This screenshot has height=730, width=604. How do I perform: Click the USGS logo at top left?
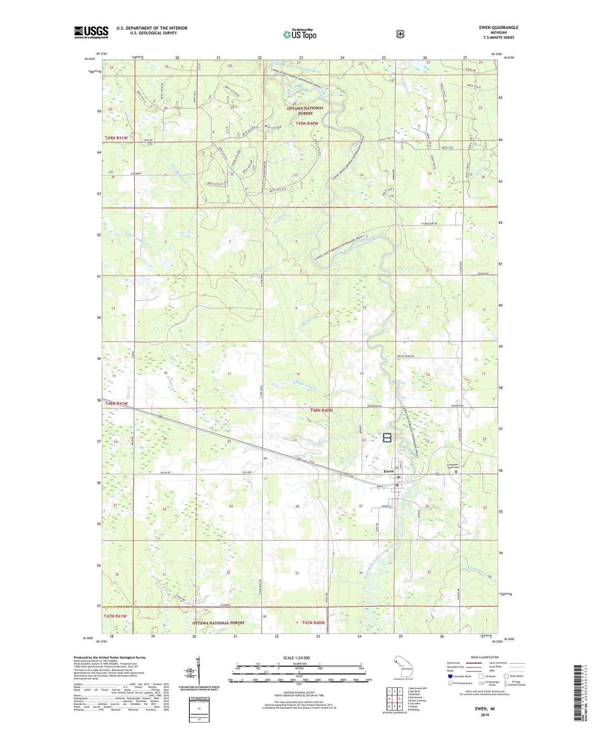91,32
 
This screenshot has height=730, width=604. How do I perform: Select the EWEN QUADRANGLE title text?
499,28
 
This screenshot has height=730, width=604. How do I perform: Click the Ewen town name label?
389,471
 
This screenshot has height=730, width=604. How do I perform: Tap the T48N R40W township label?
321,411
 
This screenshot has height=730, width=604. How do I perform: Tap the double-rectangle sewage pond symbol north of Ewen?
387,438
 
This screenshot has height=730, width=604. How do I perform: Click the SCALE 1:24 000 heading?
296,658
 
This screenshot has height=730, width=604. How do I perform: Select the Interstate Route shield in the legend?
450,676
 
